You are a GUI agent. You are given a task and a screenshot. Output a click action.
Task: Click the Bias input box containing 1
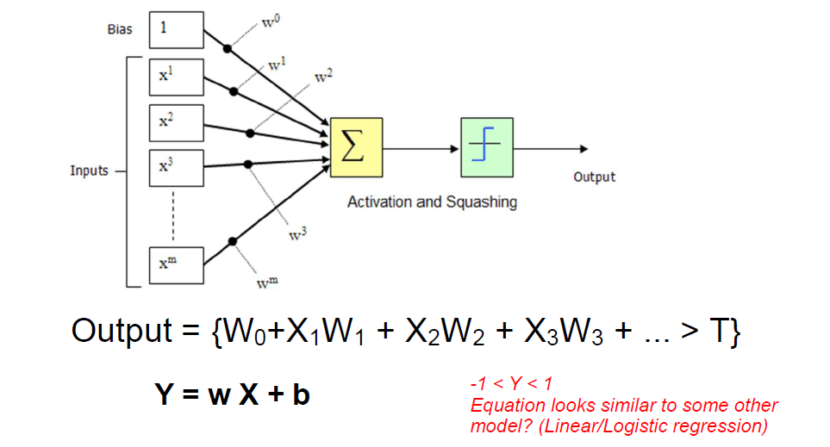pyautogui.click(x=177, y=29)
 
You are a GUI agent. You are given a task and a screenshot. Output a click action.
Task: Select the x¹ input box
pyautogui.click(x=177, y=76)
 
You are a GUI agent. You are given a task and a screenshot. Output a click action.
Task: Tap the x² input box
pyautogui.click(x=177, y=122)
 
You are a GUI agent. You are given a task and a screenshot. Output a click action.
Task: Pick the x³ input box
pyautogui.click(x=177, y=168)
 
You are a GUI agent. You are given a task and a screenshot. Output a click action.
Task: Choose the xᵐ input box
pyautogui.click(x=177, y=264)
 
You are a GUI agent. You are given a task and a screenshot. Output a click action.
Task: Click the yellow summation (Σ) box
pyautogui.click(x=356, y=147)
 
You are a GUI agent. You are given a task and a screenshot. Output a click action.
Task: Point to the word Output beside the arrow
pyautogui.click(x=595, y=177)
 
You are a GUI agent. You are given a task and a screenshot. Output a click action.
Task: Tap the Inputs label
pyautogui.click(x=90, y=171)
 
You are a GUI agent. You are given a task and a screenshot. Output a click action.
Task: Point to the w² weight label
pyautogui.click(x=323, y=76)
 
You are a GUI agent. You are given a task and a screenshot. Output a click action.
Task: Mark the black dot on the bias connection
pyautogui.click(x=228, y=49)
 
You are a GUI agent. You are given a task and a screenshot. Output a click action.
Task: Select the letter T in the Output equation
pyautogui.click(x=718, y=331)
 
